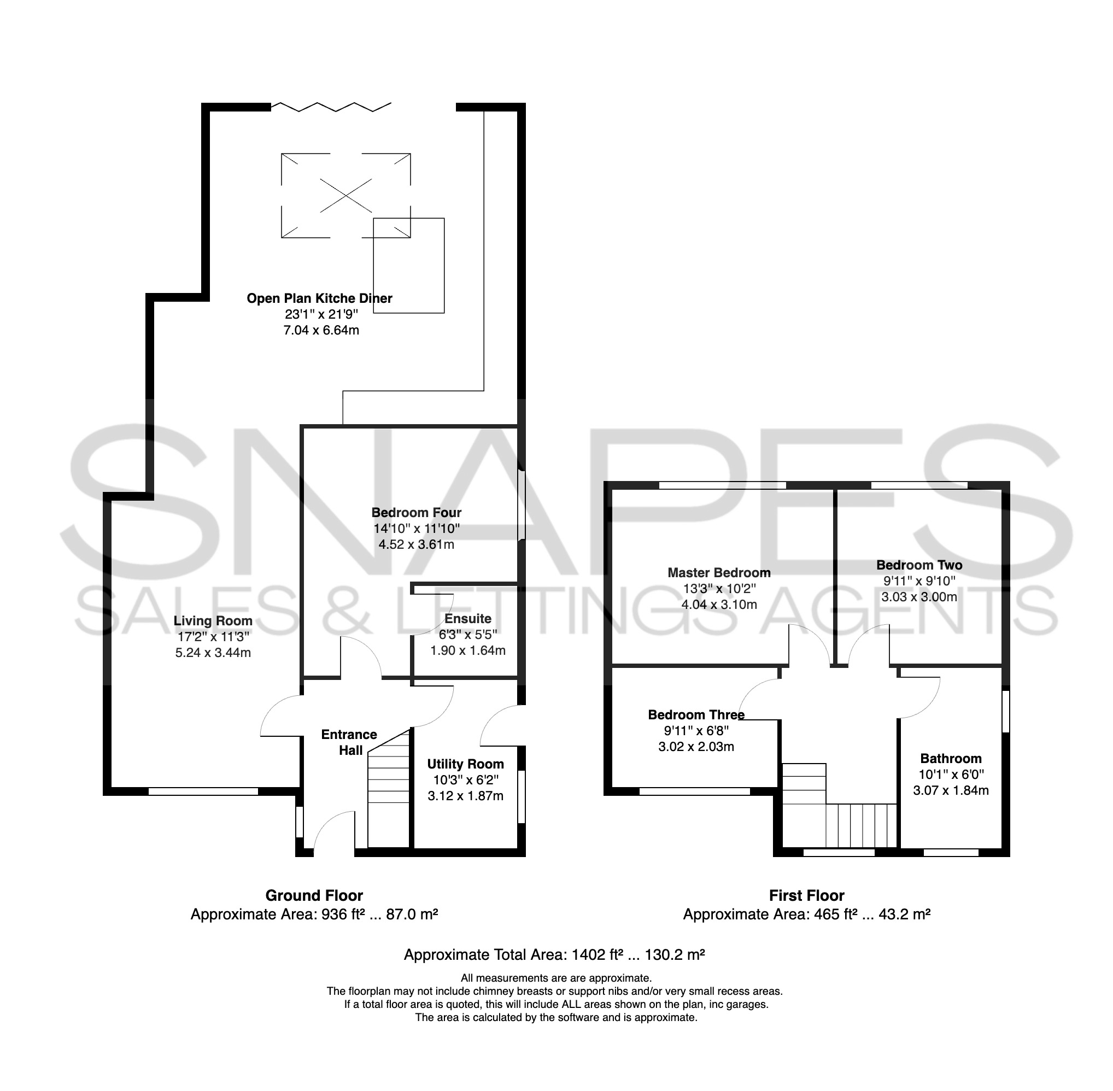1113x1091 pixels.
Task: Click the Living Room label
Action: pyautogui.click(x=213, y=621)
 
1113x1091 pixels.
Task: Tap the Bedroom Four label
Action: pyautogui.click(x=416, y=513)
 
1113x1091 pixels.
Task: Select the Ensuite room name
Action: pyautogui.click(x=467, y=619)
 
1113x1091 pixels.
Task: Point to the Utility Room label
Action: pyautogui.click(x=465, y=764)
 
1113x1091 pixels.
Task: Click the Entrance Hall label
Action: pyautogui.click(x=349, y=743)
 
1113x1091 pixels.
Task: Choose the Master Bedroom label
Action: pyautogui.click(x=719, y=573)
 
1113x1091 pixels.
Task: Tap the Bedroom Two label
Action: pyautogui.click(x=919, y=565)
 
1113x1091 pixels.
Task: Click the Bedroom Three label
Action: pyautogui.click(x=696, y=715)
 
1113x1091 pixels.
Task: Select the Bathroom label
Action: pyautogui.click(x=951, y=759)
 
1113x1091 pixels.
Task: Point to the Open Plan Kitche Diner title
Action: pyautogui.click(x=319, y=298)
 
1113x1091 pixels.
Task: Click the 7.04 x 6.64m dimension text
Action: pyautogui.click(x=321, y=331)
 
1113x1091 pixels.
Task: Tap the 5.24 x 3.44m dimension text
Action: pyautogui.click(x=213, y=653)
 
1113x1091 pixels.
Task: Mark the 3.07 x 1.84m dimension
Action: pyautogui.click(x=951, y=791)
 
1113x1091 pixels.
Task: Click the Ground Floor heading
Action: pyautogui.click(x=314, y=896)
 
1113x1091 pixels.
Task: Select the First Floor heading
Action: pyautogui.click(x=806, y=896)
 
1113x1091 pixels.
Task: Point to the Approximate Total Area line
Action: pyautogui.click(x=554, y=954)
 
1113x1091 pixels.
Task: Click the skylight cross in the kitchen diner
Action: pyautogui.click(x=345, y=195)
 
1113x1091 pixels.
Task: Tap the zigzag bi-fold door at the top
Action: pyautogui.click(x=331, y=107)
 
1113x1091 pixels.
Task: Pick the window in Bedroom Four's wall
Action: pyautogui.click(x=521, y=506)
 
